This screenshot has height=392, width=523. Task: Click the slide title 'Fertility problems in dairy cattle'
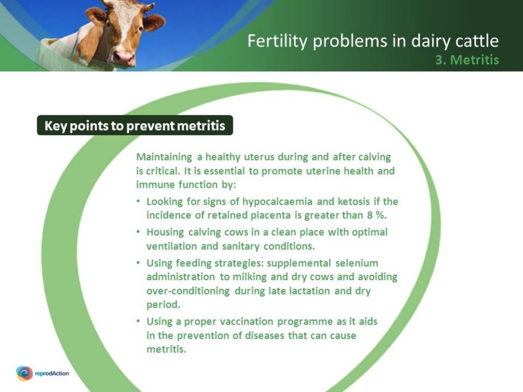tap(373, 41)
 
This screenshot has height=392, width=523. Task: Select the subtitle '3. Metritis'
tap(467, 60)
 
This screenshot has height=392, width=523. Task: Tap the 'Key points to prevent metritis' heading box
tap(135, 126)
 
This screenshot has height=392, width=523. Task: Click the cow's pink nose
tap(124, 57)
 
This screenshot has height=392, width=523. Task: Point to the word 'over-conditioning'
tap(188, 291)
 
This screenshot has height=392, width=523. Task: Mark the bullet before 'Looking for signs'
tap(138, 202)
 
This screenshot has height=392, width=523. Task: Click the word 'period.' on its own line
tap(163, 304)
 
